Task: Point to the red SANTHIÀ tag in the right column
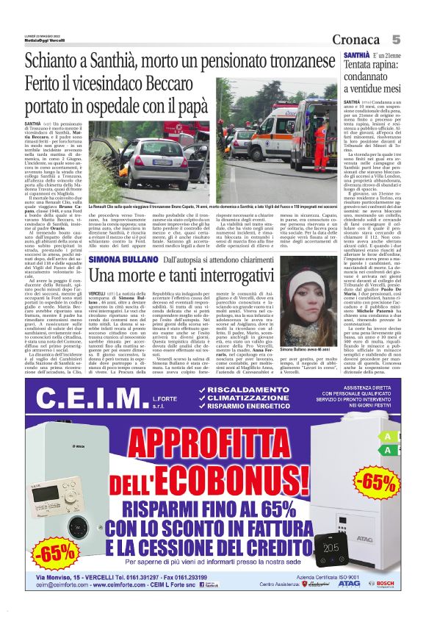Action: [356, 56]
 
